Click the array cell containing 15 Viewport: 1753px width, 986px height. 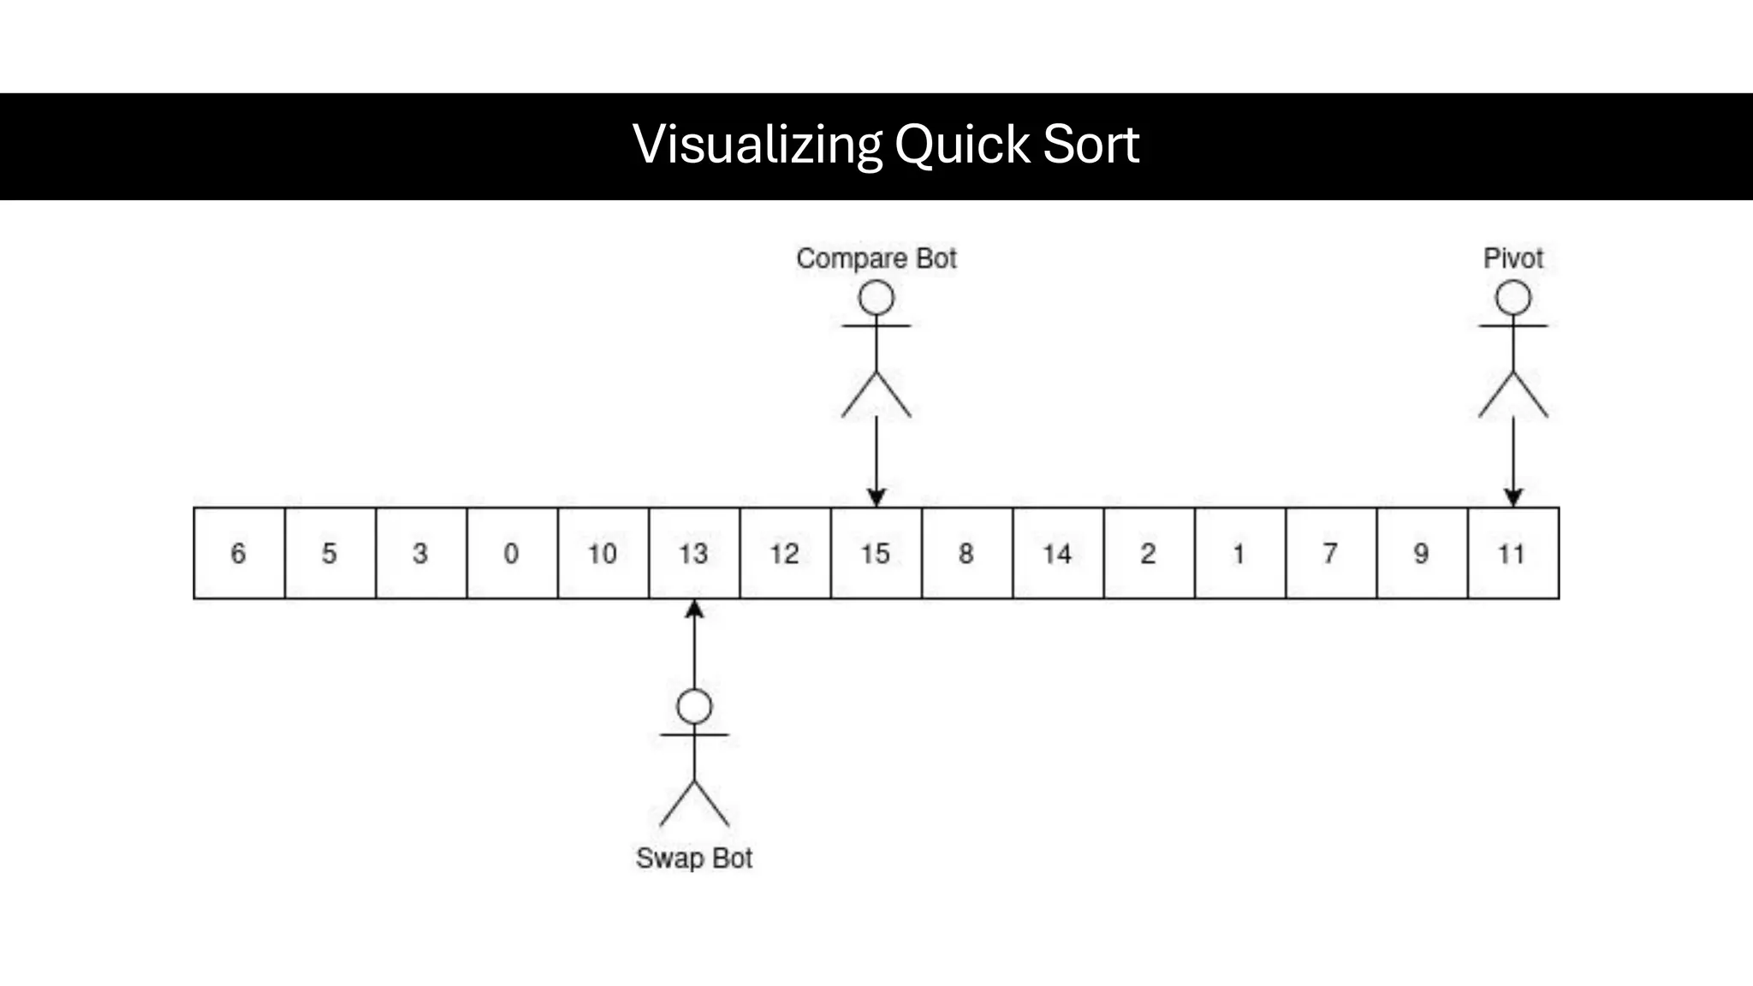(876, 553)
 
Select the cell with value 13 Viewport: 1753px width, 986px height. (694, 553)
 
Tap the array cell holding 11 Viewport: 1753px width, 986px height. (1512, 553)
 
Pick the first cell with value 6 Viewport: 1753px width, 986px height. (239, 553)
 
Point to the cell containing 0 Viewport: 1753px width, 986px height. (512, 553)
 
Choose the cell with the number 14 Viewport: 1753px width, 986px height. (1058, 553)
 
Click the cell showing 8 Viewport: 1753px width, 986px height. (966, 553)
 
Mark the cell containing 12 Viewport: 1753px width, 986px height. (785, 553)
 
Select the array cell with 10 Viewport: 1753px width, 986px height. (603, 553)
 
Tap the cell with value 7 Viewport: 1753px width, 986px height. (1330, 553)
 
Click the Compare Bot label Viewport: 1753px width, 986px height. (876, 258)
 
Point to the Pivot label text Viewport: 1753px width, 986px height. (1512, 258)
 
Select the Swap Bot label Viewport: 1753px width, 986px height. (694, 858)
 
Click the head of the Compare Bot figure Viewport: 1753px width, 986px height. (876, 299)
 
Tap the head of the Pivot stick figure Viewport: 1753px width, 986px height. (1513, 299)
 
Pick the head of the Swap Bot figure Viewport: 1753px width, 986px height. (694, 707)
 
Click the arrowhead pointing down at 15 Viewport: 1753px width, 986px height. (876, 497)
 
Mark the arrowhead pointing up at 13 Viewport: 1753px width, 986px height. (694, 609)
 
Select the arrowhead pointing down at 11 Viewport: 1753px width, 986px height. (1513, 497)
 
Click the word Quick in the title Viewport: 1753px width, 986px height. (962, 144)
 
